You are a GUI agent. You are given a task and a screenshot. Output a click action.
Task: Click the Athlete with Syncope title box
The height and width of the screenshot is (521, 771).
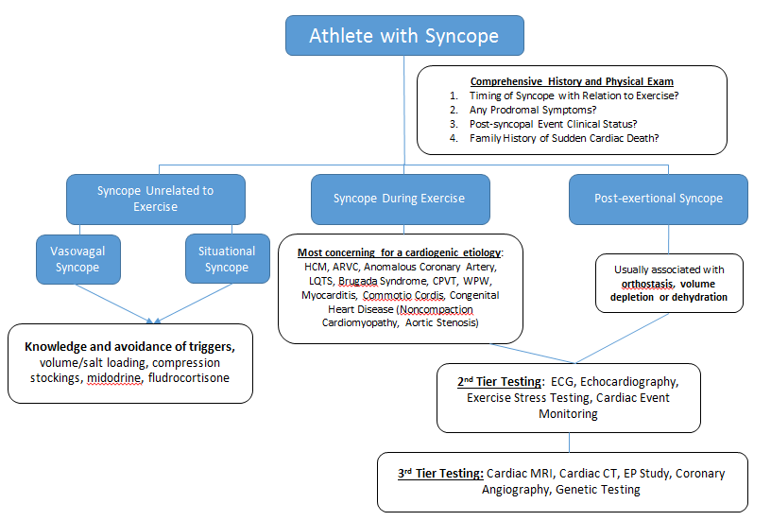[x=405, y=36]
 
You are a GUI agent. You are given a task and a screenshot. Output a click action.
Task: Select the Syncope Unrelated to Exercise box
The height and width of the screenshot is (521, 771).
[x=155, y=199]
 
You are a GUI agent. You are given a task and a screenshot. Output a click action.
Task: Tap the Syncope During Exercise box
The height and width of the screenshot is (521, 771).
[x=399, y=199]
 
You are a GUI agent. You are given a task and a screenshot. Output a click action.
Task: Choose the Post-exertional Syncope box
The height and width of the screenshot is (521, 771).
[x=658, y=199]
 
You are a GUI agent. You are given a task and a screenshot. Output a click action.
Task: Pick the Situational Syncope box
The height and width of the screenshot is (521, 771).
[x=227, y=259]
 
